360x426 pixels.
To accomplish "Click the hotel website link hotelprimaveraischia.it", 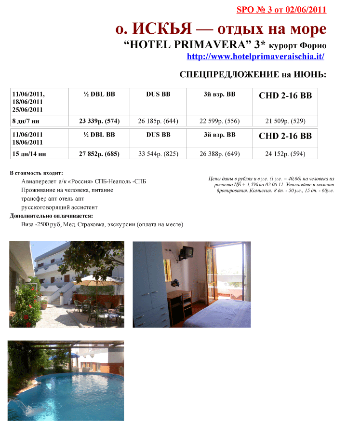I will tap(255, 56).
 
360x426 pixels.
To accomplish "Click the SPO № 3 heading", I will tap(281, 9).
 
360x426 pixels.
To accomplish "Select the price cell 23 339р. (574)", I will tap(99, 121).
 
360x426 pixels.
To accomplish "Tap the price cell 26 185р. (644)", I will tap(158, 121).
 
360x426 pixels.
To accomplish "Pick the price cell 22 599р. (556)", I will tap(219, 121).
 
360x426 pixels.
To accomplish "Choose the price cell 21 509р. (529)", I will tap(285, 121).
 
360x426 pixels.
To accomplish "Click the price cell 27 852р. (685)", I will tap(99, 154).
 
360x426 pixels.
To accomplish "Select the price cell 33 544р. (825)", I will tap(158, 154).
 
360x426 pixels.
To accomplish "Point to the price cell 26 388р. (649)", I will tap(219, 154).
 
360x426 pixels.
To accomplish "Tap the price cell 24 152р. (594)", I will tap(285, 154).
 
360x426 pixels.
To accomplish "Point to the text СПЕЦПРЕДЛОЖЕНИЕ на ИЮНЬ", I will tap(253, 75).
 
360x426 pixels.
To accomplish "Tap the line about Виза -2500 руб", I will tap(102, 224).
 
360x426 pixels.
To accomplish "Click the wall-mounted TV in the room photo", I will tap(187, 251).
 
